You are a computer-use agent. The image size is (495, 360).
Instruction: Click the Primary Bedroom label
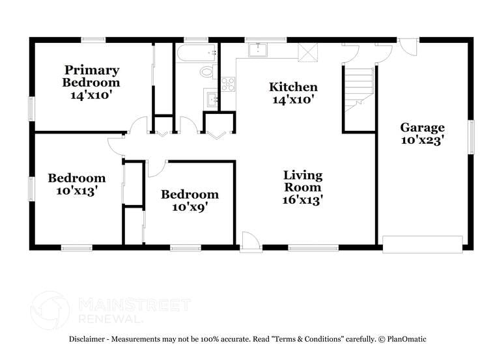[x=91, y=76]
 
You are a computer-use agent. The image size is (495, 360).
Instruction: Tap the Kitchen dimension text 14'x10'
[x=293, y=100]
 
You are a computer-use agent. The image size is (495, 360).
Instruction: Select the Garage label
[x=422, y=128]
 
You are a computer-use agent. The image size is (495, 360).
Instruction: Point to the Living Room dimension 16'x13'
[x=303, y=200]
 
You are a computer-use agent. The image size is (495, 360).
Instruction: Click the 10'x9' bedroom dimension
[x=190, y=207]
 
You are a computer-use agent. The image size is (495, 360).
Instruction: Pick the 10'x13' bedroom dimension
[x=76, y=191]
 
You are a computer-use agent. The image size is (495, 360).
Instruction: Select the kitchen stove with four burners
[x=228, y=83]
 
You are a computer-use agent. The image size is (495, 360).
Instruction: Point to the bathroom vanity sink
[x=210, y=99]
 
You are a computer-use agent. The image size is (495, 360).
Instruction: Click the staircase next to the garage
[x=358, y=87]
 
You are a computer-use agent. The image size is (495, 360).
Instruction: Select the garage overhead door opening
[x=422, y=245]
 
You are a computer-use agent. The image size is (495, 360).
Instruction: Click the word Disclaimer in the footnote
[x=89, y=339]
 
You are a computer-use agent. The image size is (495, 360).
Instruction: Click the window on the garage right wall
[x=472, y=137]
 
